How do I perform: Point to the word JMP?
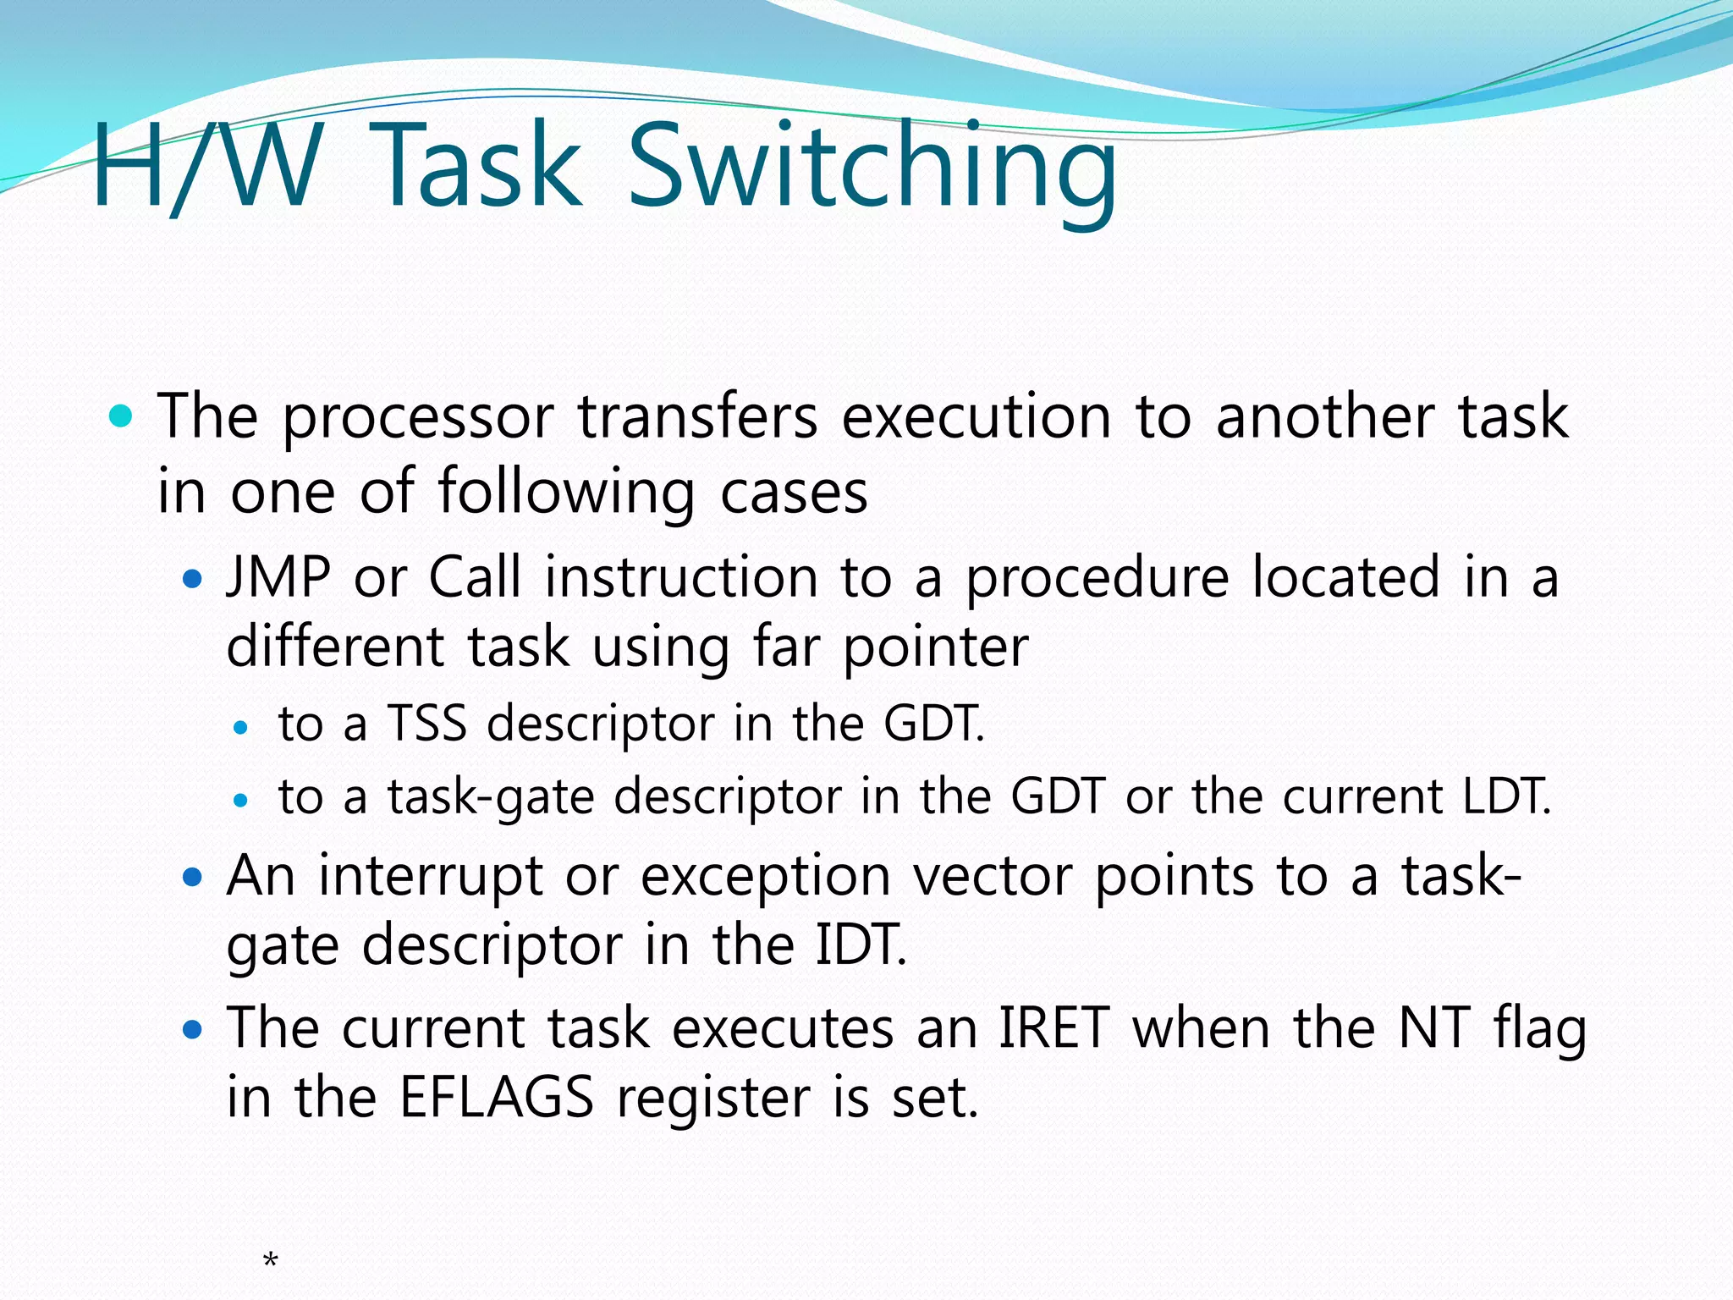tap(278, 578)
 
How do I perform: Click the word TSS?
tap(427, 724)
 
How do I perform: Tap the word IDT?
tap(860, 945)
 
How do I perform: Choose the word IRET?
tap(1054, 1029)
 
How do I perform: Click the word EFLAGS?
tap(497, 1098)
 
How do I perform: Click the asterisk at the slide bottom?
tap(271, 1262)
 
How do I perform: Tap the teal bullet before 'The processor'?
tap(122, 416)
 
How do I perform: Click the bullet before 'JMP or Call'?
tap(194, 580)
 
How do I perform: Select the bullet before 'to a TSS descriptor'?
tap(241, 727)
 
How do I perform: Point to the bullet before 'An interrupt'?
tap(194, 878)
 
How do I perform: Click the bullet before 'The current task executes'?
tap(194, 1030)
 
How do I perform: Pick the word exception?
tap(765, 878)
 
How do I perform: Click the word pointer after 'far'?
tap(936, 648)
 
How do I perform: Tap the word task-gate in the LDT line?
tap(491, 797)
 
